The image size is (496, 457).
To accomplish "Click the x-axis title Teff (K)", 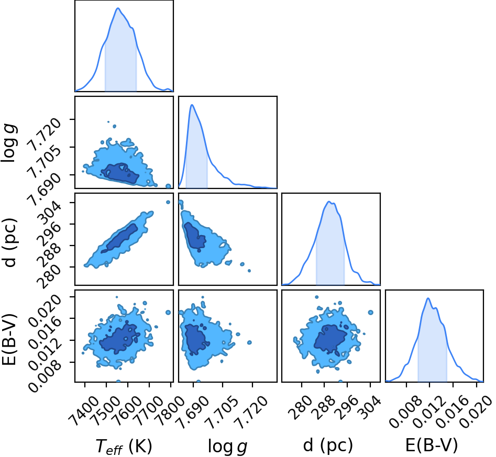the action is coord(124,447).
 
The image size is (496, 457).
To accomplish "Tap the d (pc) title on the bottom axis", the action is coord(328,446).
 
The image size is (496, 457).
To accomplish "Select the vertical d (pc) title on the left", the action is coord(9,242).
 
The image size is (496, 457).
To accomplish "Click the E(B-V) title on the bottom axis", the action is coord(432,445).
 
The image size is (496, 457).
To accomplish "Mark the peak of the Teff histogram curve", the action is coord(118,8).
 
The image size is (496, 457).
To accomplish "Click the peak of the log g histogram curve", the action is coord(192,105).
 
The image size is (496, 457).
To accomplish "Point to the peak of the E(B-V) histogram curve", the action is coord(428,298).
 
